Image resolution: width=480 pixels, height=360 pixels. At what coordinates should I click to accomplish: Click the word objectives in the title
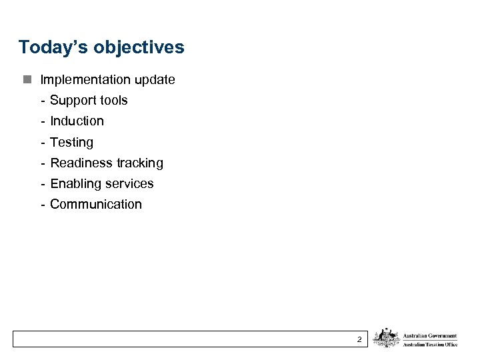click(x=139, y=48)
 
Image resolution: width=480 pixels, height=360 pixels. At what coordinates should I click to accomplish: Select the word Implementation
click(x=85, y=80)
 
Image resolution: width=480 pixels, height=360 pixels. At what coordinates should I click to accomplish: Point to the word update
click(x=155, y=80)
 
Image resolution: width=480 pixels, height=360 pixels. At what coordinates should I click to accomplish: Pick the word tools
click(x=113, y=101)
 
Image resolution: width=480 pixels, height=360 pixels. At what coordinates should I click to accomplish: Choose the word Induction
click(x=77, y=121)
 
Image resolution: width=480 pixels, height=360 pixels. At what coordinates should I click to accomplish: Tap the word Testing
click(x=72, y=143)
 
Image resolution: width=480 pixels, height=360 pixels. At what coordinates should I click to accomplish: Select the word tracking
click(x=140, y=163)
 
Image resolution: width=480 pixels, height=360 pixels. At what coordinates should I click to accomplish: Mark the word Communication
click(x=96, y=205)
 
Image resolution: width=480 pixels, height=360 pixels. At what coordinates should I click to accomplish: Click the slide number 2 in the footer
click(x=359, y=340)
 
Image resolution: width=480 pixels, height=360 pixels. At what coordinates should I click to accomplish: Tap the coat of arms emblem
click(x=386, y=338)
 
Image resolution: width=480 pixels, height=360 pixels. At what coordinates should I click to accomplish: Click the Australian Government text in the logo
click(x=430, y=336)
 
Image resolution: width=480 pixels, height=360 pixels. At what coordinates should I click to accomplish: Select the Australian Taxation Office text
click(x=430, y=344)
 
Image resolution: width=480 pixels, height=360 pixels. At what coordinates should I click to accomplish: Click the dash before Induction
click(x=43, y=121)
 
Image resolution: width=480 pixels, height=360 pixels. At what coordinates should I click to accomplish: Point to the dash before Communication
click(x=43, y=205)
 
